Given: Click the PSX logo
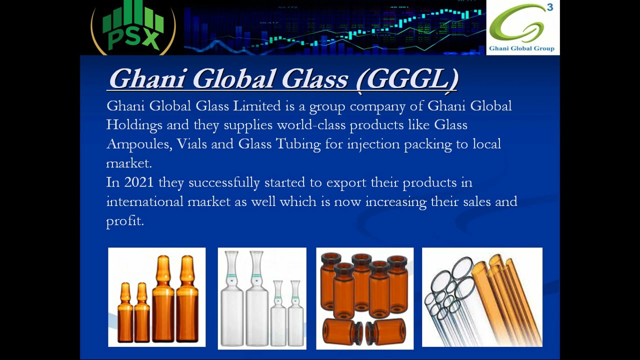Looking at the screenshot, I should tap(133, 27).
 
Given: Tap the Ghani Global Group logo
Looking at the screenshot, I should tap(522, 27).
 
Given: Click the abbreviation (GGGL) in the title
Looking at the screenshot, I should tap(408, 79).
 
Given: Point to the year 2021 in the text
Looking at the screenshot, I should tap(138, 182).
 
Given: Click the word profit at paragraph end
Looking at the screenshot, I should tap(124, 221).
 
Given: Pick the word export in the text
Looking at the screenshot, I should tap(346, 183).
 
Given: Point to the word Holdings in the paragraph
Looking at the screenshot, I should tap(134, 125).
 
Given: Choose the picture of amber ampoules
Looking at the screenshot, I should tap(156, 297).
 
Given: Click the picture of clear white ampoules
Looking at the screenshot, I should tap(262, 298).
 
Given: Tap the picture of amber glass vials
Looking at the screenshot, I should tap(364, 298).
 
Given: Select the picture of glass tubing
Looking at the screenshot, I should tap(482, 297).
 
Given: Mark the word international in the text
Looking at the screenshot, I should tap(144, 202).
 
